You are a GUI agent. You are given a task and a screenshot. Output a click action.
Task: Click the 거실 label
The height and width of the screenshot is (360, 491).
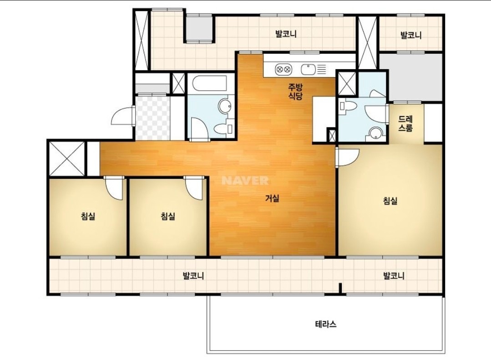pyautogui.click(x=272, y=198)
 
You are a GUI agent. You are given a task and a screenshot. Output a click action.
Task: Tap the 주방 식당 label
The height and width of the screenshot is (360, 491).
pyautogui.click(x=295, y=91)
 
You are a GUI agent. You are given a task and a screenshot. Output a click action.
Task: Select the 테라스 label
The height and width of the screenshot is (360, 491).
pyautogui.click(x=326, y=324)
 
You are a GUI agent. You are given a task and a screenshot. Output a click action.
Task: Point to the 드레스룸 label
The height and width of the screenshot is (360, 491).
pyautogui.click(x=405, y=123)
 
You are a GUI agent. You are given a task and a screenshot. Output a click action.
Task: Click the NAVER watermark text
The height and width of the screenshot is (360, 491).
pyautogui.click(x=245, y=181)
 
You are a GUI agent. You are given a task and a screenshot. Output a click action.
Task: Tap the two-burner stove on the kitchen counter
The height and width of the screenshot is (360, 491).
pyautogui.click(x=283, y=69)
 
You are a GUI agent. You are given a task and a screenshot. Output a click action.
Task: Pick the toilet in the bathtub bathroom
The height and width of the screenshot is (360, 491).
pyautogui.click(x=223, y=128)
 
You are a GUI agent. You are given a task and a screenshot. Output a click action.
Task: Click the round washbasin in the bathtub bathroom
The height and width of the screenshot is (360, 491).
pyautogui.click(x=224, y=106)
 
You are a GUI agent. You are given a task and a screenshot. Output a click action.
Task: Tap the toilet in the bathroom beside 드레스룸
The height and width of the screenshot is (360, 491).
pyautogui.click(x=349, y=106)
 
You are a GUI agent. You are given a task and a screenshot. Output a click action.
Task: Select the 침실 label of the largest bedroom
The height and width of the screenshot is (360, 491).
pyautogui.click(x=390, y=201)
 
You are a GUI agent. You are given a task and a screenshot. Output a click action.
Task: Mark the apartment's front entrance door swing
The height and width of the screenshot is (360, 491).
pyautogui.click(x=122, y=116)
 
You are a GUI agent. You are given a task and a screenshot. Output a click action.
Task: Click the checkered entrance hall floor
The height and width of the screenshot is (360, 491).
pyautogui.click(x=153, y=118)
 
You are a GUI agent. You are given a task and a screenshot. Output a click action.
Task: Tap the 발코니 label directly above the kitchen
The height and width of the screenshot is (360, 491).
pyautogui.click(x=286, y=34)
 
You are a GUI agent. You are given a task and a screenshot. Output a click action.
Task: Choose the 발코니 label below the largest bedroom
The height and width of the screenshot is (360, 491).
pyautogui.click(x=394, y=276)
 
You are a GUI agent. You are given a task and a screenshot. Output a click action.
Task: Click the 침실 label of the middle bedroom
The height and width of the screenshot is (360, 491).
pyautogui.click(x=168, y=216)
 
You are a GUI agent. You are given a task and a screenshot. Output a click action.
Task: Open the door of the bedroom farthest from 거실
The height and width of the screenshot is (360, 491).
pyautogui.click(x=113, y=188)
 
